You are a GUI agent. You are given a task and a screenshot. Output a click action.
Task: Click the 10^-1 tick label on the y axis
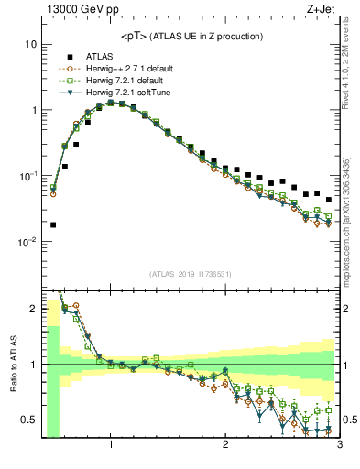tap(27, 176)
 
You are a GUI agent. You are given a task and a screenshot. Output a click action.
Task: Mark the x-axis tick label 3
tap(339, 446)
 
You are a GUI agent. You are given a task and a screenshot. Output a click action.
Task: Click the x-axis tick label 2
tap(225, 446)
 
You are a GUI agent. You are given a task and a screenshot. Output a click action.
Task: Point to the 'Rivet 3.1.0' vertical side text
tap(351, 64)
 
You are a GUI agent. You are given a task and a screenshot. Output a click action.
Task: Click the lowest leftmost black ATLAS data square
tap(53, 224)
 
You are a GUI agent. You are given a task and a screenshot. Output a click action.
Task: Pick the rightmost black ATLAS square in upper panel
tap(329, 200)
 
